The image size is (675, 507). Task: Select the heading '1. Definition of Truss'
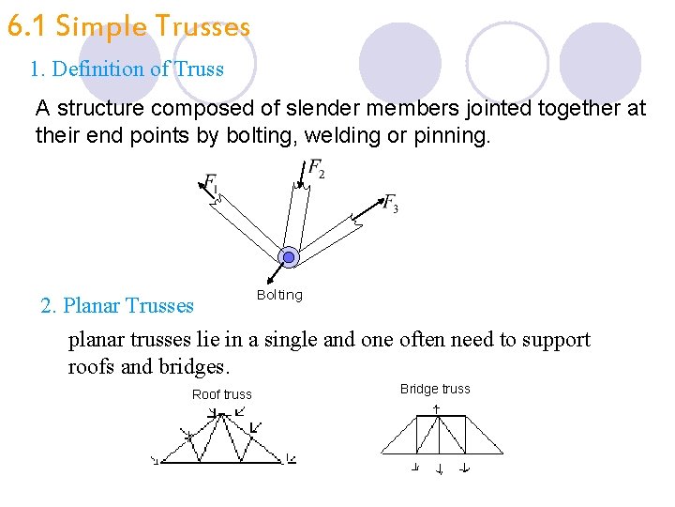tap(127, 69)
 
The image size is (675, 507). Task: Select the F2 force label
tap(317, 170)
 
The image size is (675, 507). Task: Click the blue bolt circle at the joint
tap(289, 256)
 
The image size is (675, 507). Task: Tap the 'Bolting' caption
tap(279, 295)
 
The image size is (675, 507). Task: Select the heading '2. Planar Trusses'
tap(117, 305)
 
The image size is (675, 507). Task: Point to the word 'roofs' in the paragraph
tap(92, 366)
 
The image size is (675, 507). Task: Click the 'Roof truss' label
tap(221, 394)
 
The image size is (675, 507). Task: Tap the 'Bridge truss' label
tap(435, 389)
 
